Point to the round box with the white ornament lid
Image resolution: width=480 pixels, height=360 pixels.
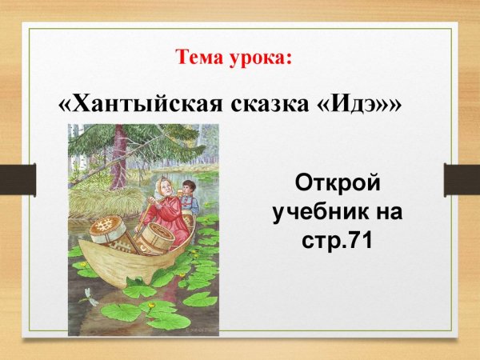click(103, 227)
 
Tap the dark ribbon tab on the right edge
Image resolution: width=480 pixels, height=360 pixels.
click(462, 179)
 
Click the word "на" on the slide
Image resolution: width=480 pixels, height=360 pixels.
click(391, 212)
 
